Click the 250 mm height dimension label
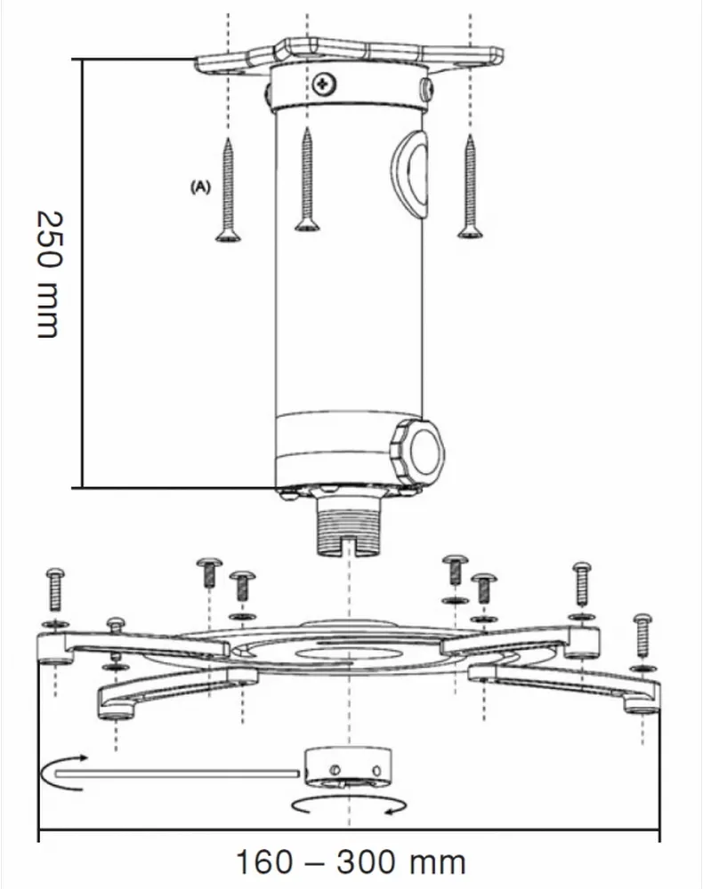(x=46, y=274)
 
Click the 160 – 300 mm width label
(x=350, y=861)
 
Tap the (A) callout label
(x=199, y=188)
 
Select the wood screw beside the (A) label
(x=229, y=190)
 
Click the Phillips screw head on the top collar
(x=323, y=84)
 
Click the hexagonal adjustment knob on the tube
(x=418, y=449)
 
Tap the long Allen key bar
(x=178, y=774)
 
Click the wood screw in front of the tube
(x=307, y=182)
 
